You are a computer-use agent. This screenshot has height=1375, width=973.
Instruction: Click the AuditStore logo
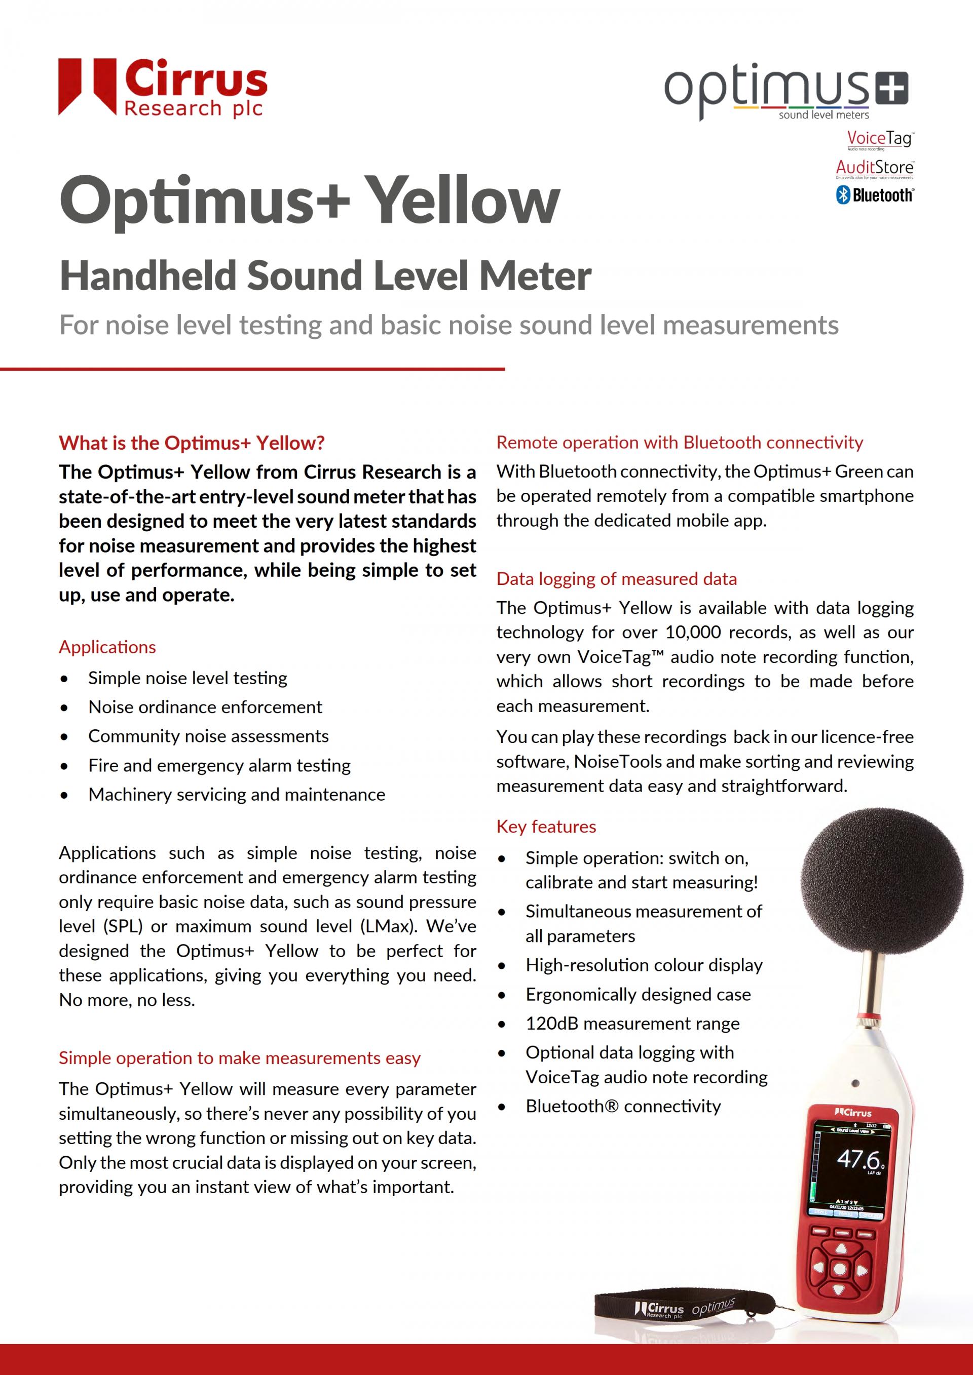tap(874, 168)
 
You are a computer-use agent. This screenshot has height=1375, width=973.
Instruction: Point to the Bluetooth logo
tap(874, 194)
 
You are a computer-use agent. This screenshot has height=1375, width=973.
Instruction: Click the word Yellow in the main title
tap(463, 201)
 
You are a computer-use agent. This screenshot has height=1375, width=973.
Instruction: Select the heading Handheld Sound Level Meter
tap(325, 276)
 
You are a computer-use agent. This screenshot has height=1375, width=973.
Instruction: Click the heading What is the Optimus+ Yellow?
tap(192, 443)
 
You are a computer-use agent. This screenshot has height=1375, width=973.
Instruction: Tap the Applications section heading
tap(107, 647)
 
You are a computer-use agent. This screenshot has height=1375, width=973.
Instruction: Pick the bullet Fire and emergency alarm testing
tap(219, 765)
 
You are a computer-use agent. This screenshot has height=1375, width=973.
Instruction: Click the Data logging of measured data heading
tap(616, 578)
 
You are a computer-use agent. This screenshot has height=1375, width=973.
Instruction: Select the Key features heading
tap(546, 827)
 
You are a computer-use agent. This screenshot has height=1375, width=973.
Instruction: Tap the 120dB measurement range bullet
tap(632, 1024)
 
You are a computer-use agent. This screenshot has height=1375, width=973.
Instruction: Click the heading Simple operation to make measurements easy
tap(240, 1057)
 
